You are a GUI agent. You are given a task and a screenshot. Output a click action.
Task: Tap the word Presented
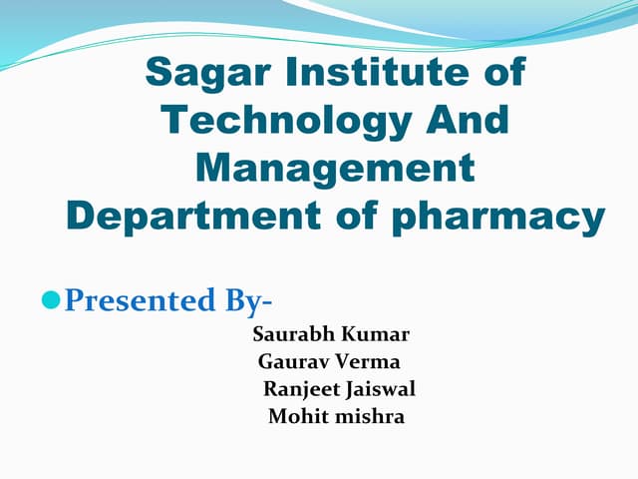137,299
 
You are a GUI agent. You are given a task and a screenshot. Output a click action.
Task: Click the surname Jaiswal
380,389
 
